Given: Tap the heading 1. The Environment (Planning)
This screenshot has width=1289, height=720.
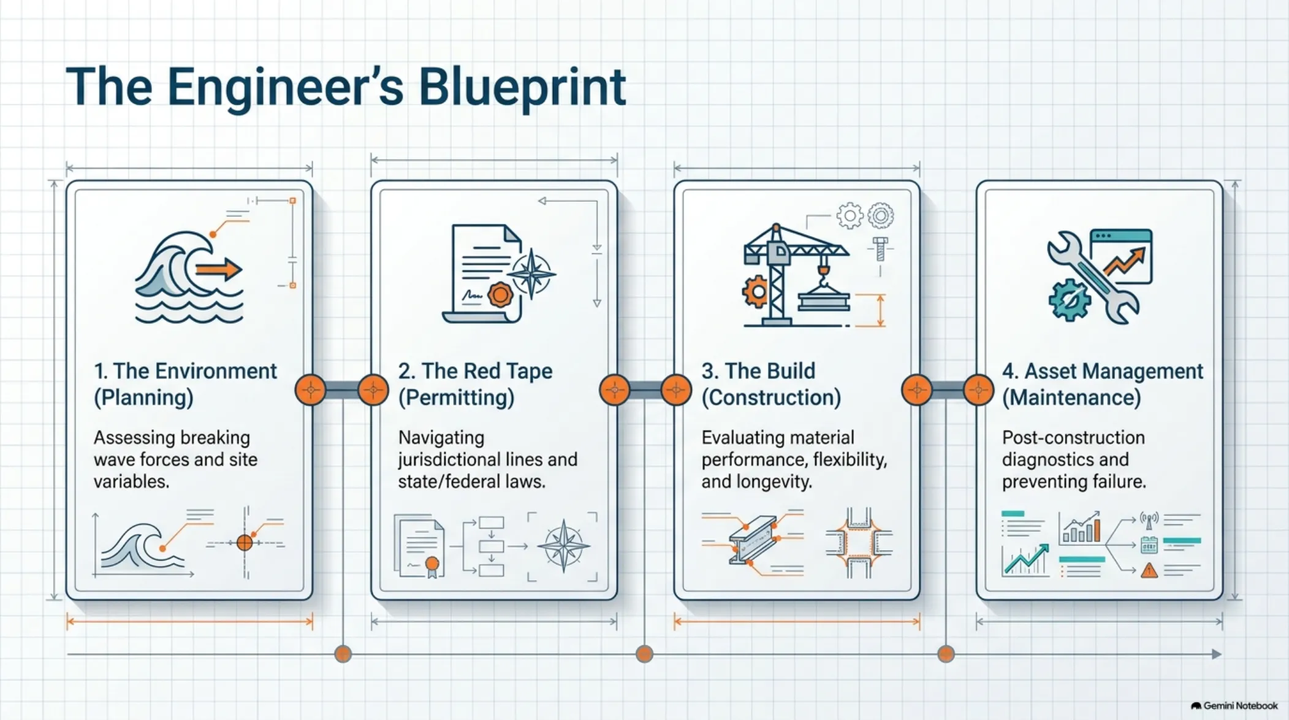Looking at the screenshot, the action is coord(185,385).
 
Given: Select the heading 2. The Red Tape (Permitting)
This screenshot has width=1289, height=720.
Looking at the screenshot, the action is coord(475,385).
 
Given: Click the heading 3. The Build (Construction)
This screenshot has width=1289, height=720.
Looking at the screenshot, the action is coord(771,385).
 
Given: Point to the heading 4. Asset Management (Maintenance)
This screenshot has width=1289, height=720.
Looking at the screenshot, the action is coord(1103,385).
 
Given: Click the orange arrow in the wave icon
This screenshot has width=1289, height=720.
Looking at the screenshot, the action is coord(219,269).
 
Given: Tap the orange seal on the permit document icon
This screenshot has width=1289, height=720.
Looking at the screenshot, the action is coord(500,295).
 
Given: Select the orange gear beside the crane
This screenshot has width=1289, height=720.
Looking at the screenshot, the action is coord(755,292).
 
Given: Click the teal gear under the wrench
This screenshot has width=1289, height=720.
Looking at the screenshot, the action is coord(1069,300).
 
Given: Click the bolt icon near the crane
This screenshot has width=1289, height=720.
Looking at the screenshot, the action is coord(880,248).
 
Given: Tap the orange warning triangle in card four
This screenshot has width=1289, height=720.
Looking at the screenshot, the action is coord(1149,570).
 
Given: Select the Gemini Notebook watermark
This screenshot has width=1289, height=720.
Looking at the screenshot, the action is coord(1234,706).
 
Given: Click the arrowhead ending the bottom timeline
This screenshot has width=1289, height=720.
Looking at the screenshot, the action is coord(1217,654).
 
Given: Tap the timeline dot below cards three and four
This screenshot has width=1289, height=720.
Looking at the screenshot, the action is coord(946,654).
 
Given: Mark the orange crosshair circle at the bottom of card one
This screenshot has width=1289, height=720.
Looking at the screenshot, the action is coord(245,543).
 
